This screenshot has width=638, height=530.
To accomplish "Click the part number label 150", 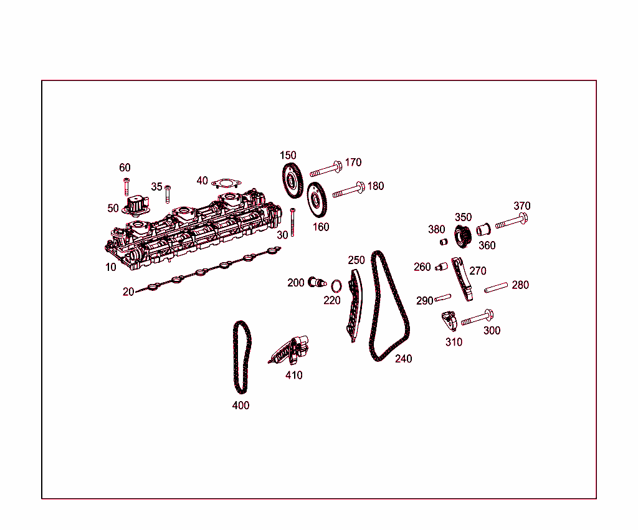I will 288,155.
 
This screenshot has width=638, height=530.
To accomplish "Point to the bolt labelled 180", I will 349,191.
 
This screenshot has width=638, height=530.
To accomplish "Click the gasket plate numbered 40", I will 225,183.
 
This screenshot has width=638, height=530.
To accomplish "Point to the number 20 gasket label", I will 128,291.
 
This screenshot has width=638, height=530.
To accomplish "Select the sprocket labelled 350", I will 462,236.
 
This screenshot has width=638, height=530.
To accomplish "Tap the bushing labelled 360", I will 483,230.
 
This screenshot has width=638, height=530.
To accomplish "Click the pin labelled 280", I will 496,287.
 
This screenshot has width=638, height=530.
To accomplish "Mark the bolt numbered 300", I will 477,319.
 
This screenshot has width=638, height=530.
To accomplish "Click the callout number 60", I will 125,168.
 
